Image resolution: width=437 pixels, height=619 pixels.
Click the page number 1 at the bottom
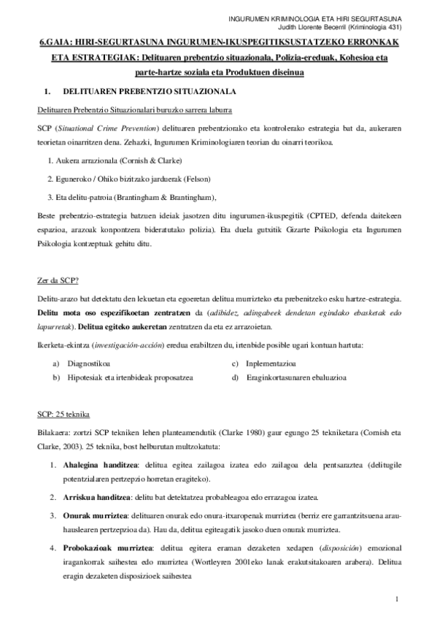pos(395,600)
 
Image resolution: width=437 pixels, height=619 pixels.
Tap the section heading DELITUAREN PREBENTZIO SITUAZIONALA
pos(149,93)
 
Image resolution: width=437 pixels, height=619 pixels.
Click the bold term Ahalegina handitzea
pos(96,464)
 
